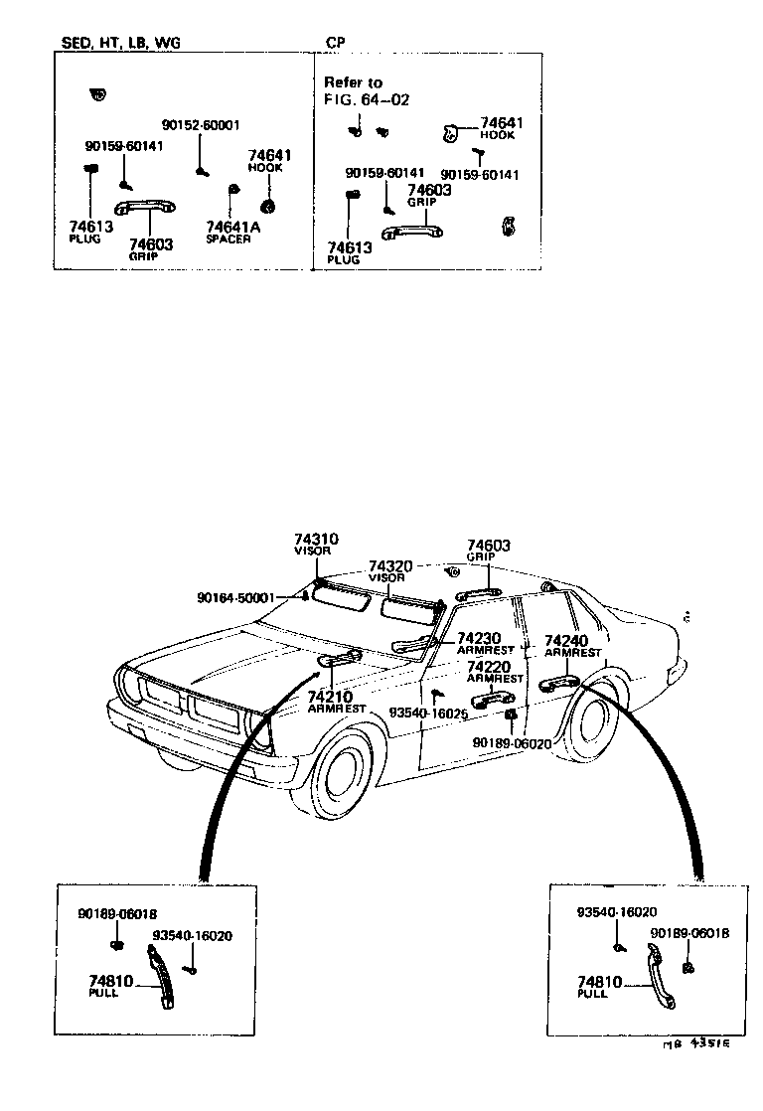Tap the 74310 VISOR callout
[316, 544]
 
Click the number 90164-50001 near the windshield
[235, 598]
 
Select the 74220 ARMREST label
[494, 672]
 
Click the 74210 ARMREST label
[337, 702]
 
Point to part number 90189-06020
[512, 742]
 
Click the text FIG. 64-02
[367, 99]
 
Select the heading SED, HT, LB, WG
[117, 43]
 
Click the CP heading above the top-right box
[336, 43]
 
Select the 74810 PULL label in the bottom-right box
[599, 987]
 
